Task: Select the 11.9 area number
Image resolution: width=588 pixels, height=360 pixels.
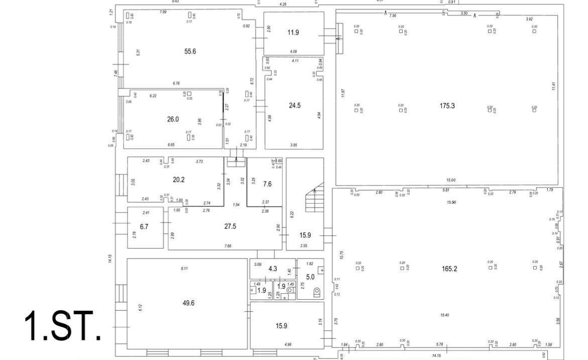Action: coord(293,33)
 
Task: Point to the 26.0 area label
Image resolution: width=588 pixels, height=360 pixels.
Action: coord(173,119)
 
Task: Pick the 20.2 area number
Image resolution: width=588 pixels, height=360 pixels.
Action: coord(179,178)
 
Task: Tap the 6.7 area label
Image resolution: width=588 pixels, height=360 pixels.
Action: coord(144,226)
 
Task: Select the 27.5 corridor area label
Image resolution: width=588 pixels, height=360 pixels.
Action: coord(230,226)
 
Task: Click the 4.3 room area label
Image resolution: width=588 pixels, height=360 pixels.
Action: coord(273,269)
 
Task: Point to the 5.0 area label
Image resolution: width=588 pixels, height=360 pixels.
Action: coord(310,276)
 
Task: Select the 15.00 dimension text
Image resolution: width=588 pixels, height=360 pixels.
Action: coord(450,180)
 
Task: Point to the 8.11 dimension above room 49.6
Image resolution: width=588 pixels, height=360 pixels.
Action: coord(184,269)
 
